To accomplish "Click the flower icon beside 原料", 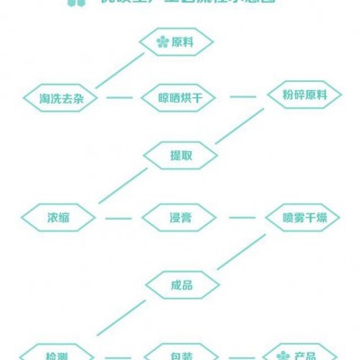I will [161, 41].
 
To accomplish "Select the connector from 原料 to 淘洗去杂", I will [119, 70].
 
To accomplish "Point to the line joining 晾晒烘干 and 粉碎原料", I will [243, 95].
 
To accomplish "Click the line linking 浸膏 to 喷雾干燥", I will [243, 217].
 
